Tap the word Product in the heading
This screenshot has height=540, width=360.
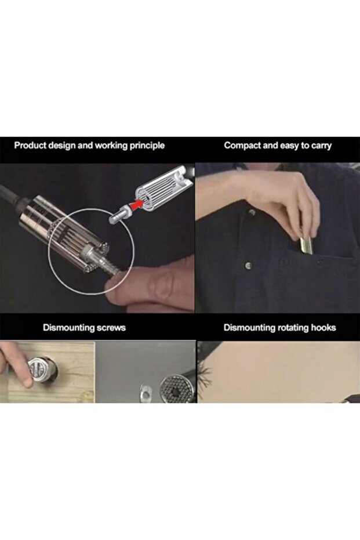30,146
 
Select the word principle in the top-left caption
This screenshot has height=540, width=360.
147,146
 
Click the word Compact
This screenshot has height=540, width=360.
242,146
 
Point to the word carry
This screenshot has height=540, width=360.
322,146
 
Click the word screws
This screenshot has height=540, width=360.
111,328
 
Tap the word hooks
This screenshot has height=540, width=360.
323,327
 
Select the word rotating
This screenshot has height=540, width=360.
290,328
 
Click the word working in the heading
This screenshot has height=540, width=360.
111,146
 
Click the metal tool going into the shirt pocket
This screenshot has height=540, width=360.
306,244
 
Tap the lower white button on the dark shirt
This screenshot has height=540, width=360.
248,265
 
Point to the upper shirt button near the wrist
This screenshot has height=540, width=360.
252,212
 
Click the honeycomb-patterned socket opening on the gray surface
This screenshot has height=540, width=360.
176,390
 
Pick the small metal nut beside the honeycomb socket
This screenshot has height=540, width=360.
146,393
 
